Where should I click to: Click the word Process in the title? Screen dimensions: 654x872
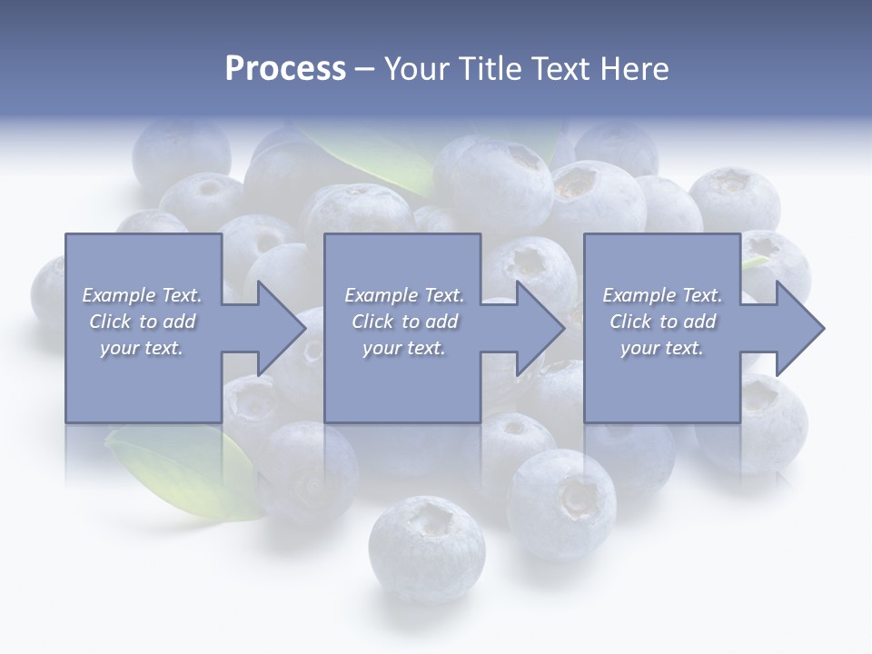point(285,69)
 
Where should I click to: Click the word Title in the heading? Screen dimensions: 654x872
point(487,69)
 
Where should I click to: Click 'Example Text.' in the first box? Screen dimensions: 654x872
point(142,295)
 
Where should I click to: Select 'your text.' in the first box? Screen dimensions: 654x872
point(142,348)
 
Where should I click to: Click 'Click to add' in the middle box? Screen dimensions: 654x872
point(404,322)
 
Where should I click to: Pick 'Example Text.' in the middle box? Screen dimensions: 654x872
point(404,295)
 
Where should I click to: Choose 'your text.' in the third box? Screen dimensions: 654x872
point(662,348)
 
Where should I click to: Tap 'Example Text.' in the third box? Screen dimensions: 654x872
point(662,295)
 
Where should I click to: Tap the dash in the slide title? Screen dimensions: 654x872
point(364,69)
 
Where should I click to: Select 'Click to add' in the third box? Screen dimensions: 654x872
point(662,322)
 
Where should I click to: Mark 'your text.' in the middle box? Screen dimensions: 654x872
point(404,348)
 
